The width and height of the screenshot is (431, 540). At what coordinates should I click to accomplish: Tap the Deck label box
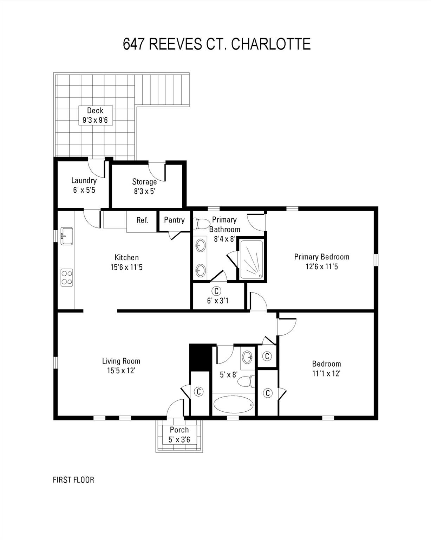point(95,115)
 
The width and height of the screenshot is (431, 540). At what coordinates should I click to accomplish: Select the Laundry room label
point(84,180)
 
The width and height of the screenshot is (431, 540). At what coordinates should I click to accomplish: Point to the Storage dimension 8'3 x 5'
point(144,192)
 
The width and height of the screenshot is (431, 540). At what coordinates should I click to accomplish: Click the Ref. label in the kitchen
point(142,220)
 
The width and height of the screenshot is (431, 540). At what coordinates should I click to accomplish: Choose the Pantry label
point(174,220)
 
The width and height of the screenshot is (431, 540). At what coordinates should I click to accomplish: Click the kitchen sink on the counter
point(67,236)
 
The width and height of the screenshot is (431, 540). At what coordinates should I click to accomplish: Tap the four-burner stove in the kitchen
point(67,277)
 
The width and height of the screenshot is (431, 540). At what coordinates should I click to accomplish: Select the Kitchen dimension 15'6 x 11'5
point(126,267)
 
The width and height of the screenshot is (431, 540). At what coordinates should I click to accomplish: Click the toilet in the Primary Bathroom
point(202,224)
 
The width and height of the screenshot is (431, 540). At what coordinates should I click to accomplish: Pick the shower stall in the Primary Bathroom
point(251,260)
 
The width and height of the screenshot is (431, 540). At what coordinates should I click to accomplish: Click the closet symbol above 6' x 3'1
point(217,291)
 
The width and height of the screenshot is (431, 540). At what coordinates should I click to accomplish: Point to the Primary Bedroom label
point(321,257)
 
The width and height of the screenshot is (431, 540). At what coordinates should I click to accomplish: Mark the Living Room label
point(121,361)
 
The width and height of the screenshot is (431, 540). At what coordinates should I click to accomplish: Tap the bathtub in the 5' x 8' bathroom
point(233,405)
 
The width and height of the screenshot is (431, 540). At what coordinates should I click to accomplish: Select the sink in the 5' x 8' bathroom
point(248,357)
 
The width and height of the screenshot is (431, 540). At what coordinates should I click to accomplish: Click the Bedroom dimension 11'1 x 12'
point(326,374)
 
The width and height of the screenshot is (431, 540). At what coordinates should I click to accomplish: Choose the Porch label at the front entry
point(179,430)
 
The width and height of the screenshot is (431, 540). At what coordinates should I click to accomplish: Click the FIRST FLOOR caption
point(73,480)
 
